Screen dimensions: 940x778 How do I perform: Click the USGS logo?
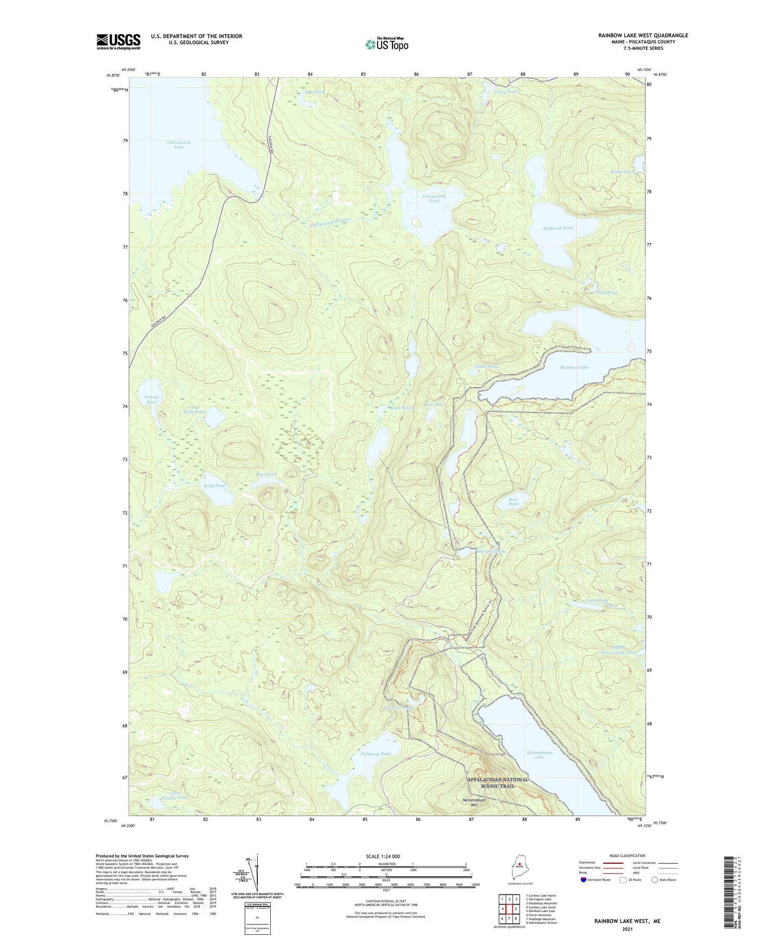pyautogui.click(x=118, y=41)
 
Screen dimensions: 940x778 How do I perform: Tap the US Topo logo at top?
pyautogui.click(x=387, y=44)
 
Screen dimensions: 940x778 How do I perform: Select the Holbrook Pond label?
pyautogui.click(x=558, y=228)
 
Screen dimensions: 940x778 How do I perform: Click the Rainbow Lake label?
pyautogui.click(x=574, y=367)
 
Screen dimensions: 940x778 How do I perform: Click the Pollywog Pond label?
pyautogui.click(x=376, y=753)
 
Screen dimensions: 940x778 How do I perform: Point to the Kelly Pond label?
pyautogui.click(x=214, y=485)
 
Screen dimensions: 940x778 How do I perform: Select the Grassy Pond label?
pyautogui.click(x=151, y=399)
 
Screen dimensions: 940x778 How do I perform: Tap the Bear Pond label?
pyautogui.click(x=513, y=501)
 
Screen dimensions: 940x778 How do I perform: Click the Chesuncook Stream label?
pyautogui.click(x=330, y=222)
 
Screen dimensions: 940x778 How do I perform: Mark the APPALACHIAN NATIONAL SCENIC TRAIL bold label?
pyautogui.click(x=497, y=782)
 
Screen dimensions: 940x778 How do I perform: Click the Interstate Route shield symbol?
pyautogui.click(x=584, y=880)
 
